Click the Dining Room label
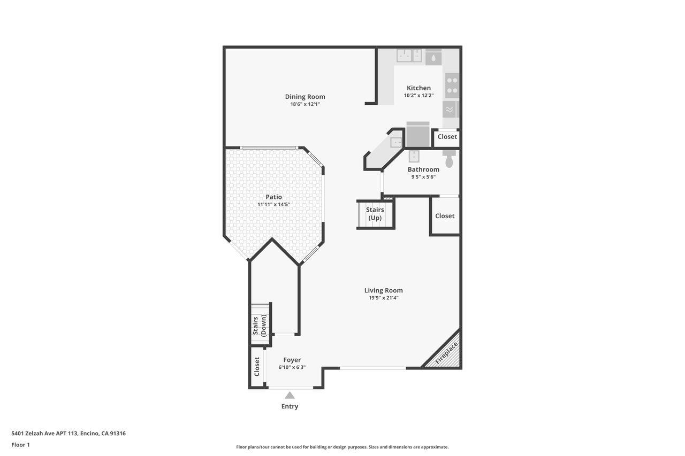click(305, 97)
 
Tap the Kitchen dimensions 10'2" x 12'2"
click(418, 95)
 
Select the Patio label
click(273, 197)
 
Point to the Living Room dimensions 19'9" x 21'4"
click(384, 298)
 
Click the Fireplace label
click(446, 353)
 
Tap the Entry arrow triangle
click(290, 396)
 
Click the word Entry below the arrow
click(290, 406)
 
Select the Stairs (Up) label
click(375, 214)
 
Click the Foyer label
click(292, 360)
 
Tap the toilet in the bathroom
click(449, 159)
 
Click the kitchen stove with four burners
click(452, 86)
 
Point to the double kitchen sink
click(409, 56)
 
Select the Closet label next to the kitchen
click(447, 137)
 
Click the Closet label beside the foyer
click(257, 367)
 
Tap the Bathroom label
click(423, 169)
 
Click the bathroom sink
click(414, 156)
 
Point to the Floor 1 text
click(20, 445)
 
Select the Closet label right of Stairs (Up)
click(445, 216)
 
